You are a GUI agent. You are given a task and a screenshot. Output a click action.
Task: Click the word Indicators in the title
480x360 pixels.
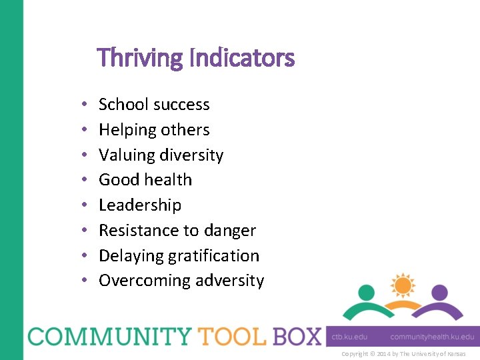pyautogui.click(x=242, y=59)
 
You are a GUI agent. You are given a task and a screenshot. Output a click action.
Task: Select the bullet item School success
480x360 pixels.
pyautogui.click(x=154, y=105)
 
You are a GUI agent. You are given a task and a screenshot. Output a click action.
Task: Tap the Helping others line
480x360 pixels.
pyautogui.click(x=154, y=130)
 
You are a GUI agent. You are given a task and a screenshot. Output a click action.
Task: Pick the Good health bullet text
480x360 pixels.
pyautogui.click(x=145, y=180)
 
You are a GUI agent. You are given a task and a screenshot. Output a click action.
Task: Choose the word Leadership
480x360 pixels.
pyautogui.click(x=140, y=205)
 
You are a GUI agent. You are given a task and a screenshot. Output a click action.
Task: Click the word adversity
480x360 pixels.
pyautogui.click(x=230, y=281)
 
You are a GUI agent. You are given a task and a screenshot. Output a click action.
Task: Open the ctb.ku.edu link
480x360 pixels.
pyautogui.click(x=350, y=337)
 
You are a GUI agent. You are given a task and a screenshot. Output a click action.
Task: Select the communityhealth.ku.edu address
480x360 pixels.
pyautogui.click(x=432, y=337)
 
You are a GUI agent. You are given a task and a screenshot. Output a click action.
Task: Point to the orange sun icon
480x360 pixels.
pyautogui.click(x=402, y=286)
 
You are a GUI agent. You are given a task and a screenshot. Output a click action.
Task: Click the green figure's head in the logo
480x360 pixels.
pyautogui.click(x=366, y=293)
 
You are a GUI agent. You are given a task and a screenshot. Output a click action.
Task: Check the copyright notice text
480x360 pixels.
pyautogui.click(x=403, y=354)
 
